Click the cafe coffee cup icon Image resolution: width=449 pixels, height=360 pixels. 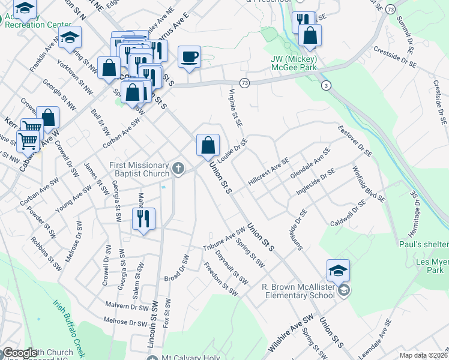190,57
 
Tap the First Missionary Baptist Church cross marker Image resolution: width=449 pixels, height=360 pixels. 178,169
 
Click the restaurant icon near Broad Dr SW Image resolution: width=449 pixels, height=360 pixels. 143,218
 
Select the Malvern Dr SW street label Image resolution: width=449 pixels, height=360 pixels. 126,305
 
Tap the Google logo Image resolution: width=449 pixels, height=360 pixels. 19,353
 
